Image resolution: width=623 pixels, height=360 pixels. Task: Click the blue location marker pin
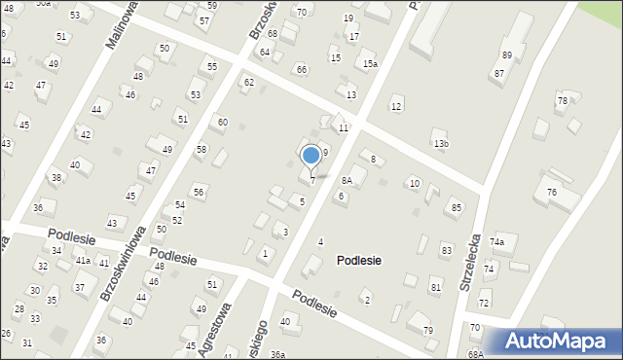pos(311,155)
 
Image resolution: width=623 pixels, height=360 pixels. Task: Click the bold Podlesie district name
pos(359,261)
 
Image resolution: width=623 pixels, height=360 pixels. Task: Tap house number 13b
pos(441,144)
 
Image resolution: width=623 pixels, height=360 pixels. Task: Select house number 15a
pos(370,64)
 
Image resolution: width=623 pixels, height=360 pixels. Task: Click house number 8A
pos(346,180)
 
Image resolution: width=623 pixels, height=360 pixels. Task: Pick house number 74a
pos(497,241)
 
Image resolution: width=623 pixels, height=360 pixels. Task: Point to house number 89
pos(506,55)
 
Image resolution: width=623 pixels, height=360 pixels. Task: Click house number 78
pos(562,101)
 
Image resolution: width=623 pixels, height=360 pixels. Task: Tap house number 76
pos(552,193)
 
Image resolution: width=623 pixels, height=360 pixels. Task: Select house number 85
pos(456,208)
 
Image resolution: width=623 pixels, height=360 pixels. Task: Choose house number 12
pos(395,106)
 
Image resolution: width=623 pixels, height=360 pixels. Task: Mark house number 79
pos(427,331)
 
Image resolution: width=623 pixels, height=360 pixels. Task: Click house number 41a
pos(84,261)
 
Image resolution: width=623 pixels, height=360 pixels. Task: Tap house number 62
pos(249,82)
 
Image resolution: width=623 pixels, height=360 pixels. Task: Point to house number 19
pos(348,18)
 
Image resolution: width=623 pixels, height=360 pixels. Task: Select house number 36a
pos(278,354)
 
